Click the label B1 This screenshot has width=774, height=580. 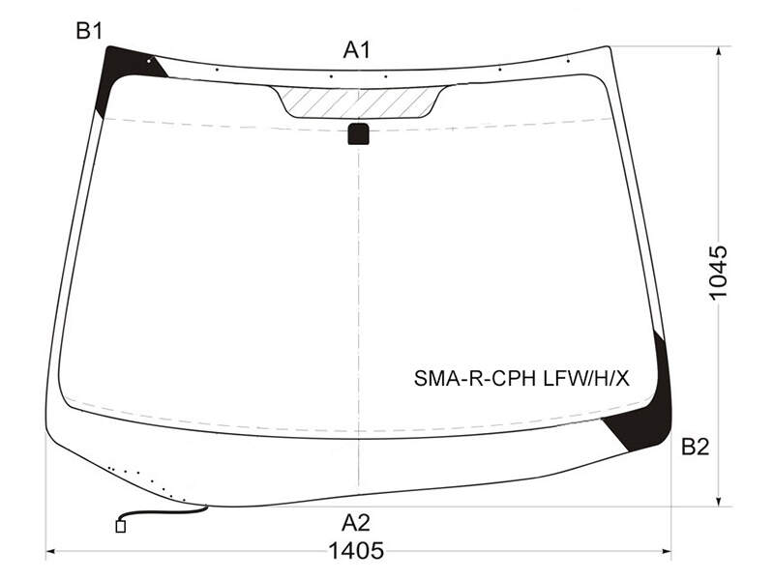89,31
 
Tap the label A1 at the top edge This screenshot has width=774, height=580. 357,50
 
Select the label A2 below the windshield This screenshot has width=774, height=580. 356,523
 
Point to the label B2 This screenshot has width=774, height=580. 695,447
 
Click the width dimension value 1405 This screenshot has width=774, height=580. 356,550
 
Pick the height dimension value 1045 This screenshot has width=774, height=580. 718,273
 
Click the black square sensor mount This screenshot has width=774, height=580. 358,133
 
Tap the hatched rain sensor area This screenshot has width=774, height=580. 359,102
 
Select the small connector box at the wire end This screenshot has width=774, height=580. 120,526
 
